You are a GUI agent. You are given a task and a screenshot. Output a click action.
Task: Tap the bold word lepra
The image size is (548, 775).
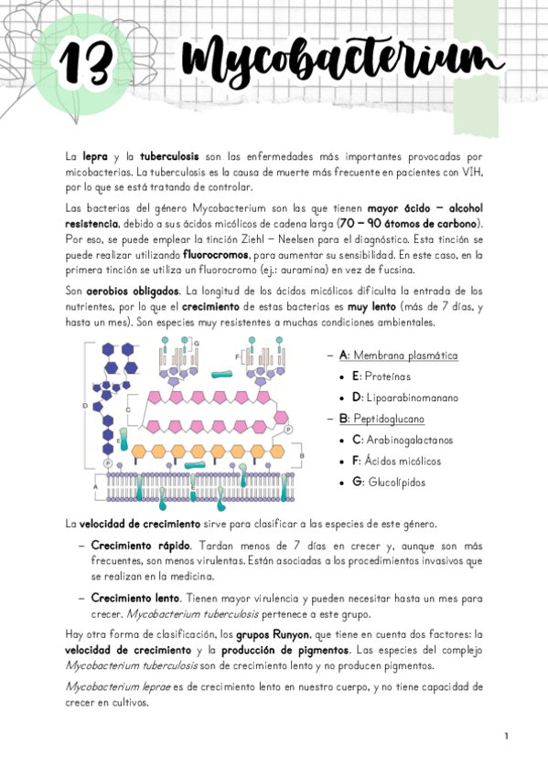coord(95,157)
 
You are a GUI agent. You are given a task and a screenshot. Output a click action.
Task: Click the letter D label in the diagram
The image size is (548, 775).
coord(85,404)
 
